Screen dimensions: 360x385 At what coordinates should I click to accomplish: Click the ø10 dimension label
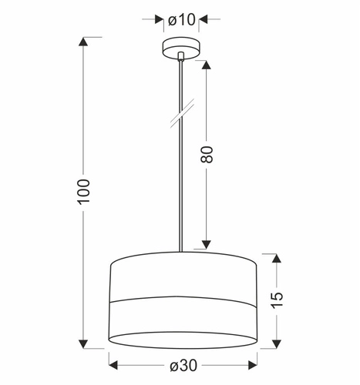tap(182, 20)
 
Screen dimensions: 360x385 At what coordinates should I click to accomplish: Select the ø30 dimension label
tap(183, 365)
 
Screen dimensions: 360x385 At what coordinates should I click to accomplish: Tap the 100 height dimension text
tap(84, 192)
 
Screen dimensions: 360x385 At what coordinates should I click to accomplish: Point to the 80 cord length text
tap(207, 154)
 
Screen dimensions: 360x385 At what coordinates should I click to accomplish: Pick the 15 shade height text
tap(277, 300)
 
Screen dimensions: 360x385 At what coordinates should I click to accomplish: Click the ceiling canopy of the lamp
tap(181, 49)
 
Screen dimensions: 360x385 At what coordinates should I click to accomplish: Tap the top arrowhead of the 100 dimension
tap(83, 42)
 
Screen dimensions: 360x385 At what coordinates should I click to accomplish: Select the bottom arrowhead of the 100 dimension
tap(83, 344)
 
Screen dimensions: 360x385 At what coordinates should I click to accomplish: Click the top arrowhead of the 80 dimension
tap(206, 65)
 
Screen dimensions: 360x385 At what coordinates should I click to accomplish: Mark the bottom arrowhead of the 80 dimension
tap(206, 245)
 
